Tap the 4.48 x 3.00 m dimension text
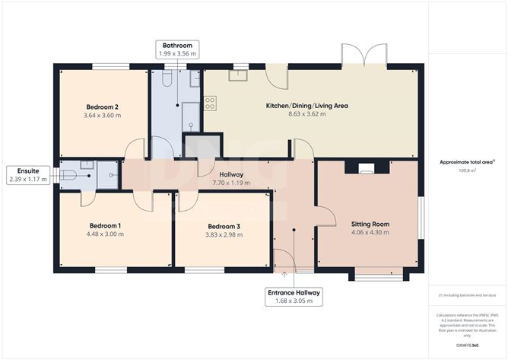[105, 234]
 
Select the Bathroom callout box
[177, 49]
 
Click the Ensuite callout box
[28, 175]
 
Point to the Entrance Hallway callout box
[294, 297]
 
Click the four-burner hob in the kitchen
[210, 104]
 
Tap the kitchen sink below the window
[238, 75]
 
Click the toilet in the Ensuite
[68, 176]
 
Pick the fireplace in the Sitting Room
[367, 167]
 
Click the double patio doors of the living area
[364, 55]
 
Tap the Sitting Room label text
[370, 224]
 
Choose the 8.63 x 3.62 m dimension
[307, 114]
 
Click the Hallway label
[231, 174]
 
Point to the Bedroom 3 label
[224, 226]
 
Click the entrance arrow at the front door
[284, 275]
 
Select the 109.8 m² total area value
[467, 170]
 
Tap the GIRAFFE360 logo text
[467, 346]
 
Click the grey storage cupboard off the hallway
[202, 147]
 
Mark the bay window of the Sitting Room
[379, 275]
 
